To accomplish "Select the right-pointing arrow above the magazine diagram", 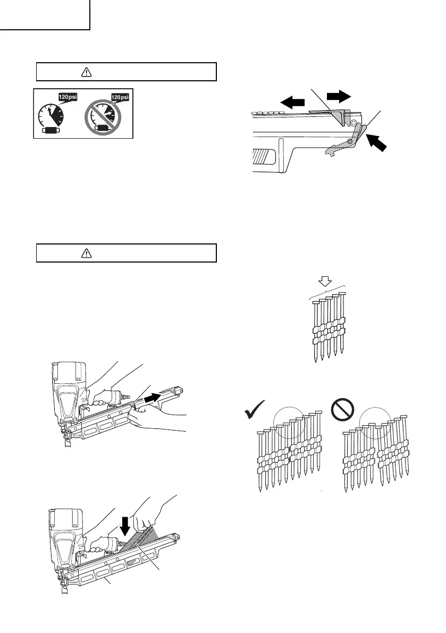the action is point(339,95).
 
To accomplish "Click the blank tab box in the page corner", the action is point(45,14).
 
